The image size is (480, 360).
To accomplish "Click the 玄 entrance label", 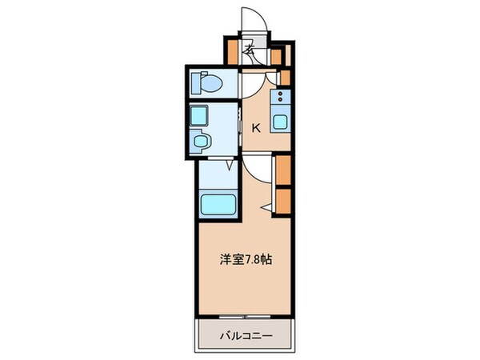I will click(249, 50).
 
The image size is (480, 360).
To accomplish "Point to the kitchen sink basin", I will click(281, 122).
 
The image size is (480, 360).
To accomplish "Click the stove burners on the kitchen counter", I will click(281, 99).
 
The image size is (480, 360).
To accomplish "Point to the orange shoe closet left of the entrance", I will click(231, 52).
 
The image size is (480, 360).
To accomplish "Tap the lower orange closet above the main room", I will click(282, 200).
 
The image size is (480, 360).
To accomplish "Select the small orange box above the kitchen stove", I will click(283, 78).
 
